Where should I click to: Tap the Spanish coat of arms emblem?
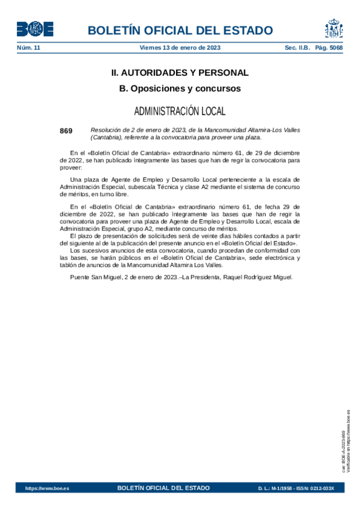pos(334,28)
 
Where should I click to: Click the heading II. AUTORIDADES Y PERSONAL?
pos(180,73)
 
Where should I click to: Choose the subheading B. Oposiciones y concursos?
pos(180,88)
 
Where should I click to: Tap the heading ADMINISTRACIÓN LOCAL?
pos(180,111)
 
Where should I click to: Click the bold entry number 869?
pos(66,131)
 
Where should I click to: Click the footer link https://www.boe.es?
pos(47,488)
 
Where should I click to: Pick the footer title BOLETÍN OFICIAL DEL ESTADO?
pos(163,488)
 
